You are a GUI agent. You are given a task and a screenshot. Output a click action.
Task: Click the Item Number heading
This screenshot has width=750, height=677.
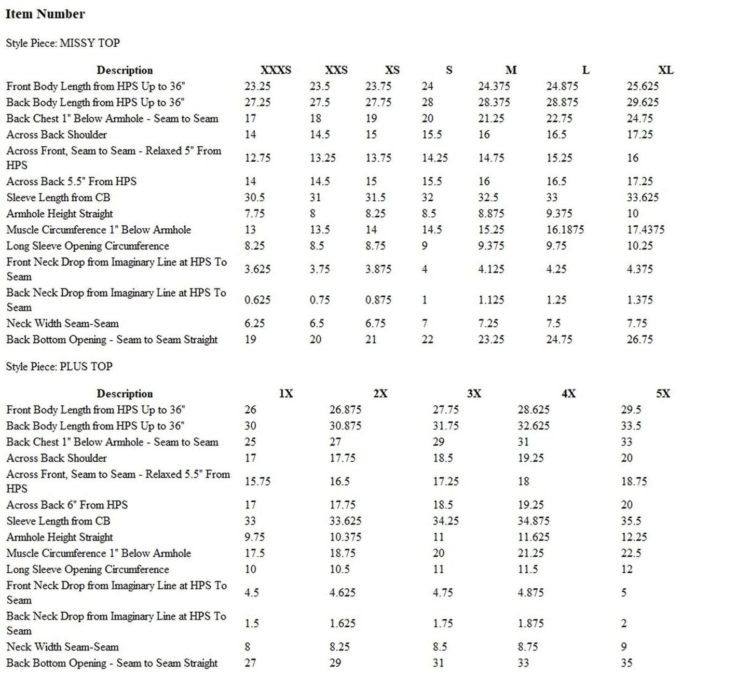click(45, 14)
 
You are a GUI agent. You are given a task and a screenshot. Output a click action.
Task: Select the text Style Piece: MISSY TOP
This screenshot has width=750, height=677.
click(63, 43)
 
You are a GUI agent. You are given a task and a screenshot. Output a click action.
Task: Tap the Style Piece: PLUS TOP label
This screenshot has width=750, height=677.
click(59, 366)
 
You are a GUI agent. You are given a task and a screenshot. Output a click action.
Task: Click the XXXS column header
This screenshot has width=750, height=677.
click(276, 70)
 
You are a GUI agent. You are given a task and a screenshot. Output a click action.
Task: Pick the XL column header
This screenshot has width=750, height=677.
click(665, 70)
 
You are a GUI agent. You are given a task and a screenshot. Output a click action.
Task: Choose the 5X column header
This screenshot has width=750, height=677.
click(663, 393)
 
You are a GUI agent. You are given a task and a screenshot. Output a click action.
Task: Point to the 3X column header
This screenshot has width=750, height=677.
click(474, 393)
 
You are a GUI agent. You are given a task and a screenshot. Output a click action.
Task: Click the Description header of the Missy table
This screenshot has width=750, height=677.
click(125, 70)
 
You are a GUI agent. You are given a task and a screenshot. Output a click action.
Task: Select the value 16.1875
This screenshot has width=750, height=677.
click(565, 229)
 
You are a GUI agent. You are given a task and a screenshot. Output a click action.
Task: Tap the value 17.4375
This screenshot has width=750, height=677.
click(645, 229)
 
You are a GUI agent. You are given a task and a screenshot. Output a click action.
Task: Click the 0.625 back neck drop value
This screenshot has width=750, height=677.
click(257, 300)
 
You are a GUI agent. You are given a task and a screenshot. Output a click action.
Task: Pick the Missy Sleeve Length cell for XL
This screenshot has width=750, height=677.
click(643, 197)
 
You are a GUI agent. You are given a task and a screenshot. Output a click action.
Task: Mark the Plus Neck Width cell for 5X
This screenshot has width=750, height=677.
click(623, 647)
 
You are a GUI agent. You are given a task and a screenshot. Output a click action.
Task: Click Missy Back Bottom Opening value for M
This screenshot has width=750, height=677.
click(490, 339)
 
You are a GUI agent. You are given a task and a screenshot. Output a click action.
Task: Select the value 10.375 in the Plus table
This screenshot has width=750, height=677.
click(345, 537)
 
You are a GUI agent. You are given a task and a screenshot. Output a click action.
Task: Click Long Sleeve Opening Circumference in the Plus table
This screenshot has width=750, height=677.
click(88, 569)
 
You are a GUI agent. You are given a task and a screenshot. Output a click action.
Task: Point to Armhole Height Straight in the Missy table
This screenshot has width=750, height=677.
click(60, 213)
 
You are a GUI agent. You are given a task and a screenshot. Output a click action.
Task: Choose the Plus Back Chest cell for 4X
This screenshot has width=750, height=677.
click(523, 442)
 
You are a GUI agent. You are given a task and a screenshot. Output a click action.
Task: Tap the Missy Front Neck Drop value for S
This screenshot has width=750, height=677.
click(425, 269)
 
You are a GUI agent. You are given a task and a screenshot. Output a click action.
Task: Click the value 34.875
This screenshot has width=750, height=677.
click(533, 521)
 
